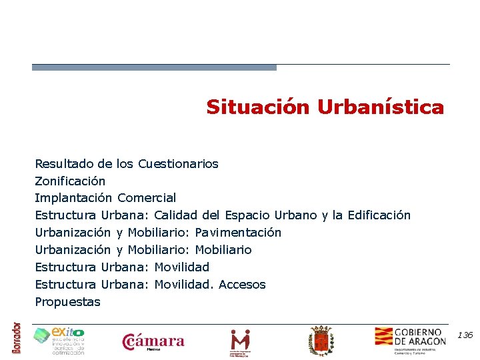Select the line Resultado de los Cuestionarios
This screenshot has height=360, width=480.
[126, 163]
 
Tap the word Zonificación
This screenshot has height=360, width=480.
[70, 181]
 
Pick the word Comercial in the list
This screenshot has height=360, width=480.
[147, 198]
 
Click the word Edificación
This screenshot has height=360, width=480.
[379, 215]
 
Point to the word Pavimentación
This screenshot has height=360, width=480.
[238, 233]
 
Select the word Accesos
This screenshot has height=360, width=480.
[242, 285]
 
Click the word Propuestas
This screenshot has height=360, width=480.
[67, 302]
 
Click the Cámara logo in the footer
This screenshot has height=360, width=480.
[153, 342]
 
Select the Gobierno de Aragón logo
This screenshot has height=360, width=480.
[410, 340]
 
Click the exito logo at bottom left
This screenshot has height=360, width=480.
[59, 341]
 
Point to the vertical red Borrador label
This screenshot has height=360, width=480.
[17, 338]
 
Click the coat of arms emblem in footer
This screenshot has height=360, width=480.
[321, 341]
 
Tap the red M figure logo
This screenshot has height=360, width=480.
[240, 341]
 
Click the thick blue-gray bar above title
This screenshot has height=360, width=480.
[154, 67]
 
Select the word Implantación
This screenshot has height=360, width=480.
[73, 198]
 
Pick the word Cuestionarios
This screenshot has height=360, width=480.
[178, 163]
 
